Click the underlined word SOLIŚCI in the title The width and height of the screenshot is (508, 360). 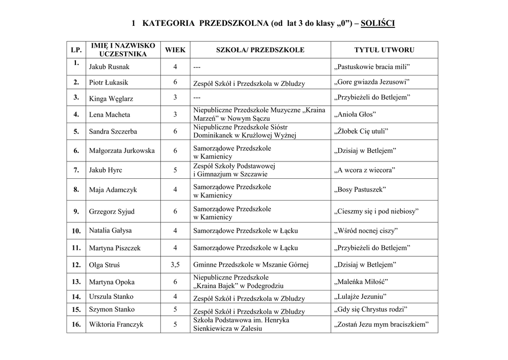tap(378, 23)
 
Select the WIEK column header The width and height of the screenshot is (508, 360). tap(175, 50)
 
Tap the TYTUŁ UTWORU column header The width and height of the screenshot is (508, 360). tap(384, 50)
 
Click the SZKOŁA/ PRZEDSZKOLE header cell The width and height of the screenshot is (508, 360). tap(260, 50)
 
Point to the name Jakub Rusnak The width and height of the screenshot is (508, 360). tap(109, 67)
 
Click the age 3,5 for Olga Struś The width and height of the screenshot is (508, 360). tap(175, 265)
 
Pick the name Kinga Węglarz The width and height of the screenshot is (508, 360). tap(111, 98)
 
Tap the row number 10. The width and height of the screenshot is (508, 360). tap(76, 231)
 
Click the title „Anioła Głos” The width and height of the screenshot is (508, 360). tap(356, 115)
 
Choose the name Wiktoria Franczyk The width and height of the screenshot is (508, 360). tap(116, 324)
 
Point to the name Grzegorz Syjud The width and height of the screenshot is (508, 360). tap(112, 212)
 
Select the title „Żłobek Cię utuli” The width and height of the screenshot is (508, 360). tap(362, 132)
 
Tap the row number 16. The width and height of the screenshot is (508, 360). tap(76, 324)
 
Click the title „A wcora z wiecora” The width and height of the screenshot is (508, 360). tap(365, 170)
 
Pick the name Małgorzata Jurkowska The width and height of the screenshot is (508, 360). tap(122, 151)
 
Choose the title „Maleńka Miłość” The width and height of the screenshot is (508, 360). tap(361, 282)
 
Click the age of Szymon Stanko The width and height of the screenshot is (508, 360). tap(175, 310)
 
